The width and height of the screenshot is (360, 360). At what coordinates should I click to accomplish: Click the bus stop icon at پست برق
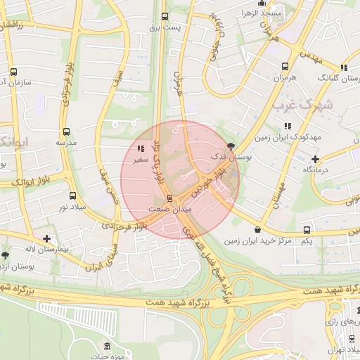(x=165, y=16)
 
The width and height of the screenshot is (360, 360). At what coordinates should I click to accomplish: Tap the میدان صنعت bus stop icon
(x=169, y=198)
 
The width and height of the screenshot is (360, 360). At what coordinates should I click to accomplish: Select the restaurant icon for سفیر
(x=141, y=148)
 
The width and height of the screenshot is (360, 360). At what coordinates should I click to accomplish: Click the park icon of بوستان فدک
(x=233, y=147)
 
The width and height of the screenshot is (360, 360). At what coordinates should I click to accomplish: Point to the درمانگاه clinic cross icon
(x=316, y=160)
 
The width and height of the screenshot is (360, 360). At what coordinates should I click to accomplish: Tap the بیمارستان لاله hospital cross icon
(x=46, y=239)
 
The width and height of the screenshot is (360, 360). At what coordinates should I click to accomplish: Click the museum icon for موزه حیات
(x=106, y=347)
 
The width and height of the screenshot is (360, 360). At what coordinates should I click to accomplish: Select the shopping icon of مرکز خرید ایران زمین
(x=258, y=230)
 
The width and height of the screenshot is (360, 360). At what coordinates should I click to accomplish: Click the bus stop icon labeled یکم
(x=306, y=230)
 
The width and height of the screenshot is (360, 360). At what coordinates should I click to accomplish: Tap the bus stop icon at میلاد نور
(x=72, y=195)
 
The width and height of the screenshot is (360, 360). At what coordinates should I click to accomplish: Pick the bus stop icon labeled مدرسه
(x=66, y=131)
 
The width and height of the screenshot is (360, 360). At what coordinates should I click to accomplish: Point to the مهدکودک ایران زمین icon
(x=287, y=126)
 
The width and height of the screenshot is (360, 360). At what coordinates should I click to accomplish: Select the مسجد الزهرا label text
(x=259, y=13)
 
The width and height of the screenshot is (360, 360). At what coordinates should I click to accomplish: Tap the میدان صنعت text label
(x=169, y=210)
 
